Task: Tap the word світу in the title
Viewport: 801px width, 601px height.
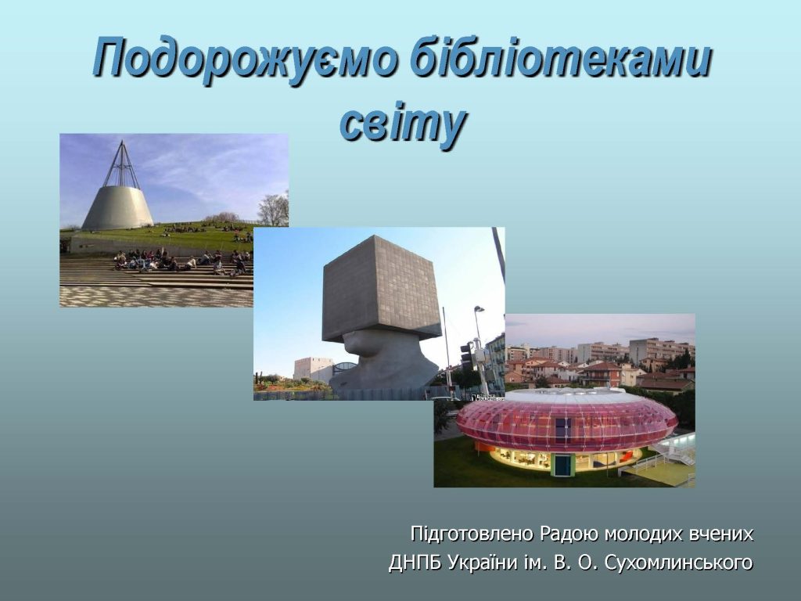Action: coord(402,124)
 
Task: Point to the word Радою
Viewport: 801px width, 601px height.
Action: coord(569,534)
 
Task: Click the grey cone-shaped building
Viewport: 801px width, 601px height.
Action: coord(117,207)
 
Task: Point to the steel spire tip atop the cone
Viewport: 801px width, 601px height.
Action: coord(121,141)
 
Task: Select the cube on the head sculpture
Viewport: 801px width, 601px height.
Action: coord(381,288)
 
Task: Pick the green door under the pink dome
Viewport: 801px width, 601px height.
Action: coord(562,465)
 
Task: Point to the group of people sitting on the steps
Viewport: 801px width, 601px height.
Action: coord(181,261)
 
